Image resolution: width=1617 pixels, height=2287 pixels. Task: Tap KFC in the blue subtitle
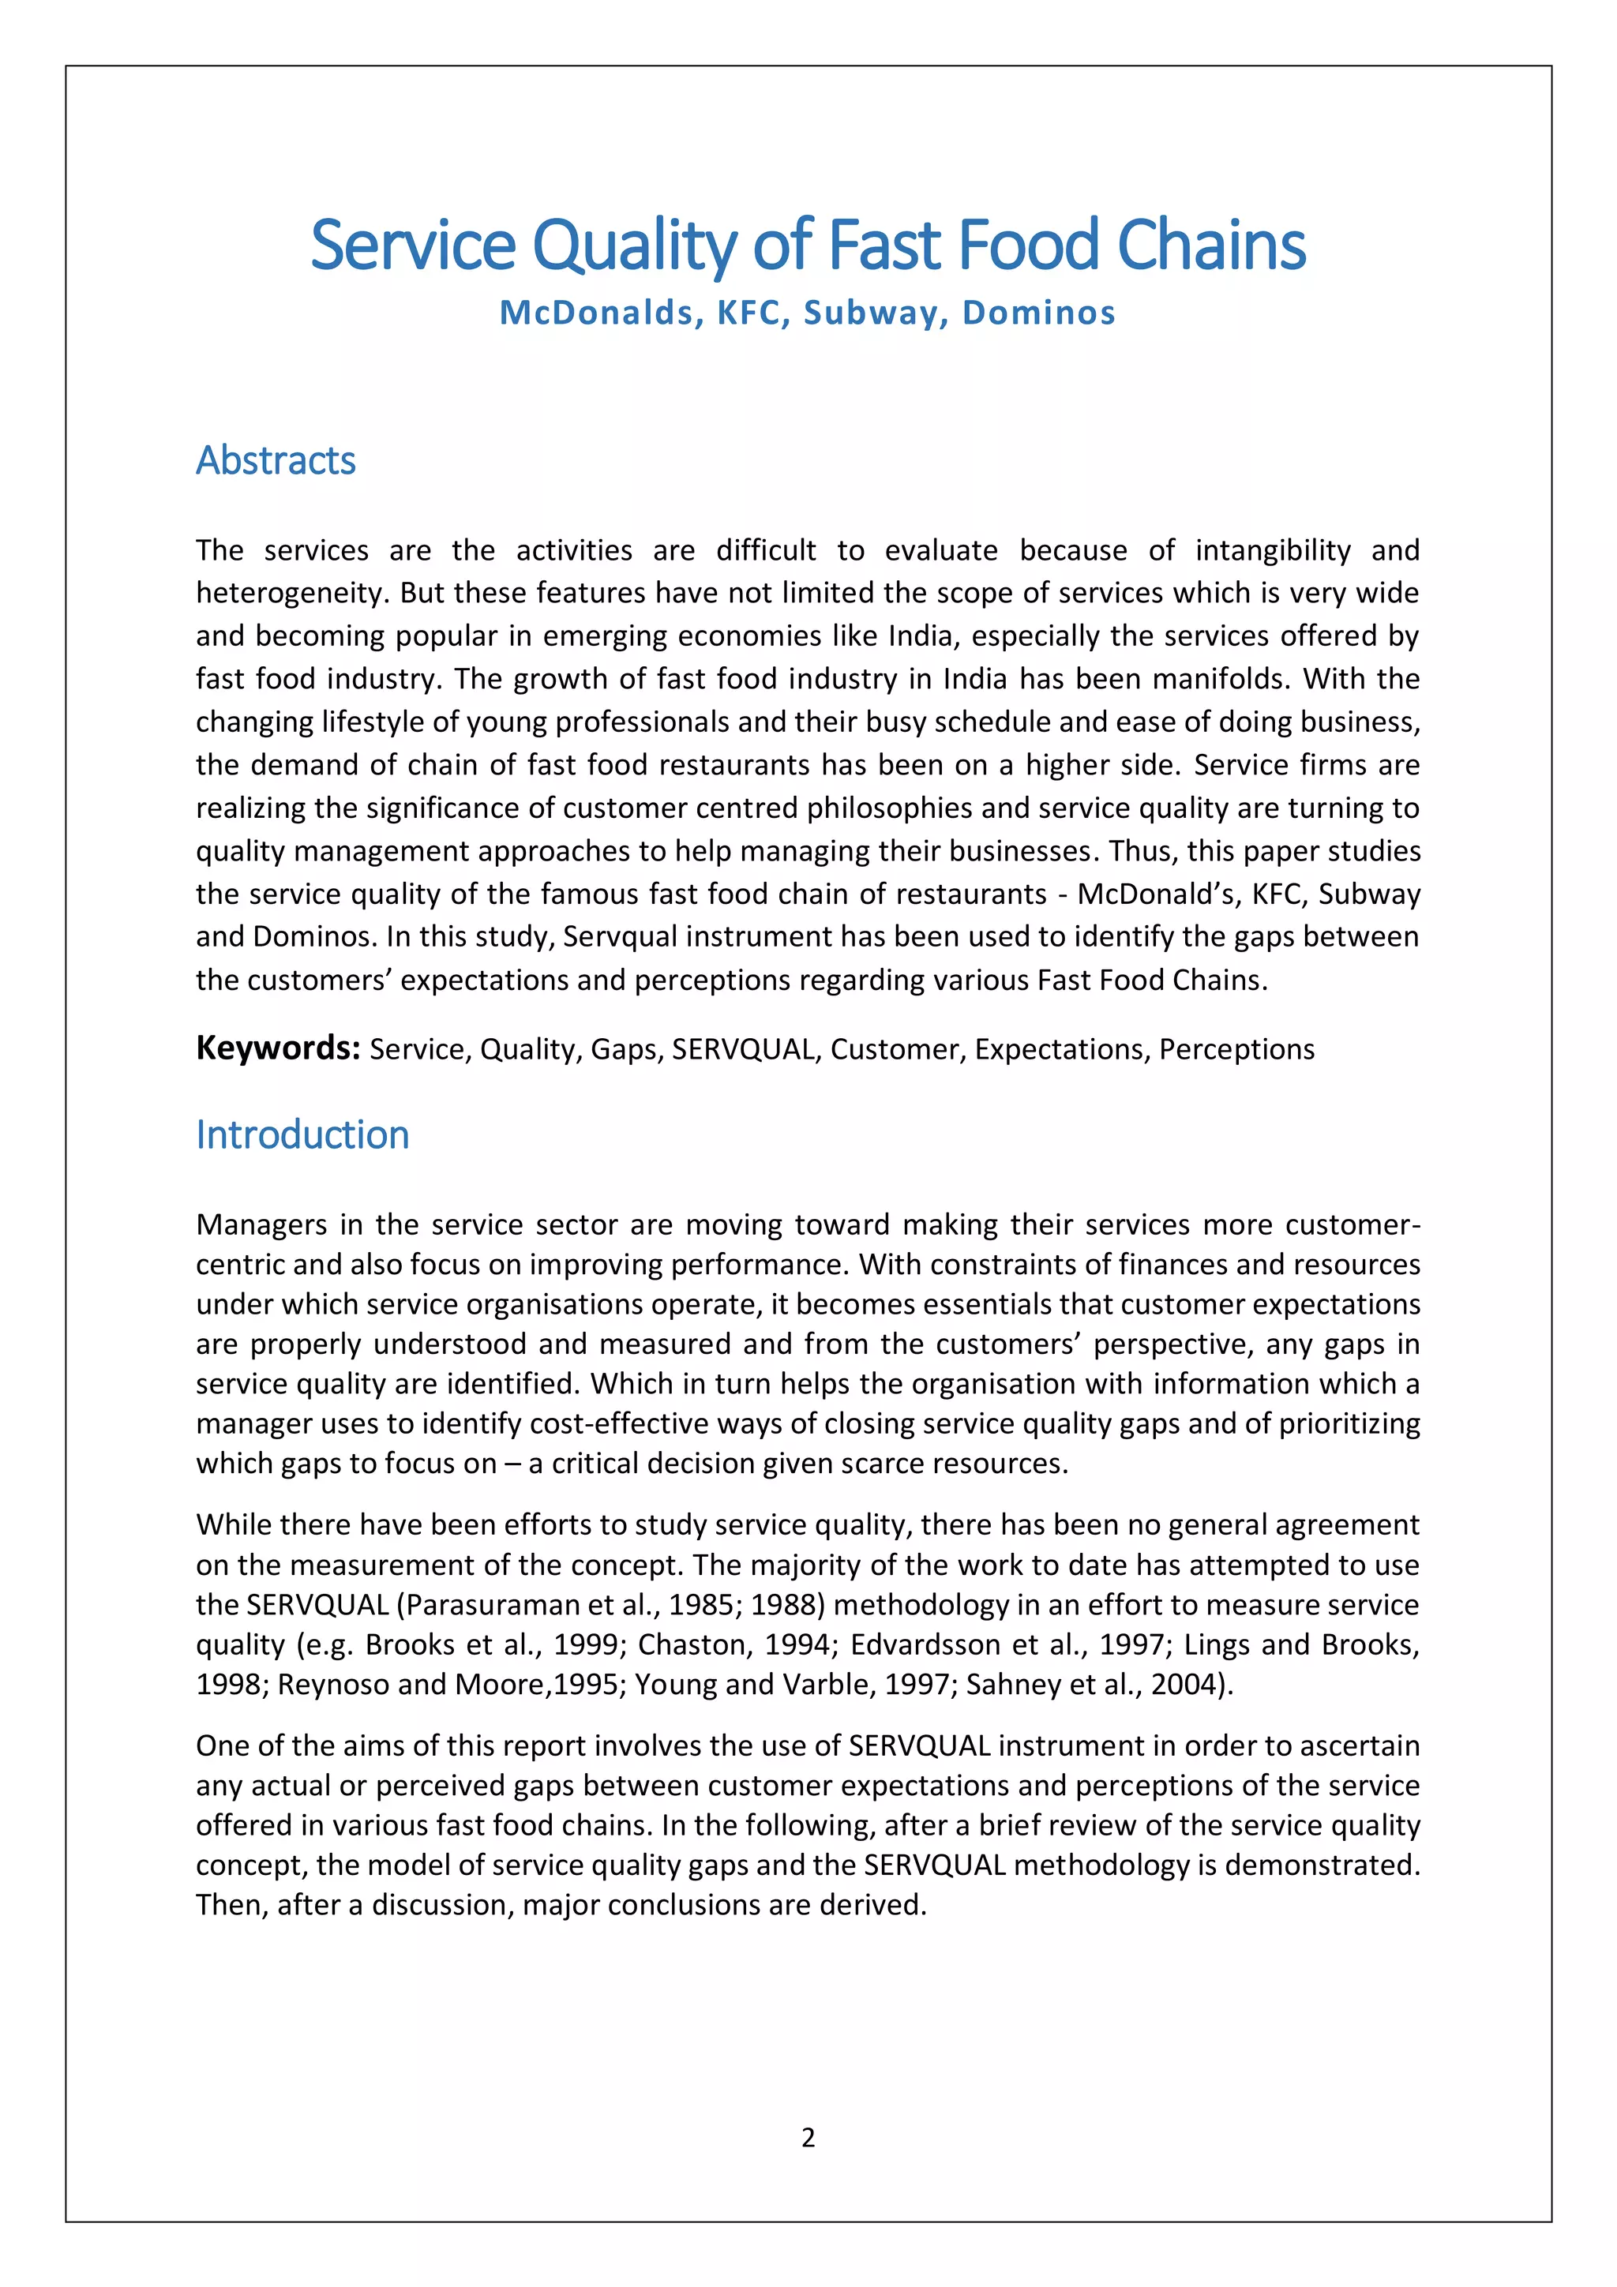748,313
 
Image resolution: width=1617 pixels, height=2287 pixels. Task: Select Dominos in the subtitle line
1038,313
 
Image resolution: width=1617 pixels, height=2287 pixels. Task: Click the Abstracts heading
276,460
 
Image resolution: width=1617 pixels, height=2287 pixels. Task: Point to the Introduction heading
302,1134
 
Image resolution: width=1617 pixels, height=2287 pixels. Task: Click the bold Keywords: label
277,1048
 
